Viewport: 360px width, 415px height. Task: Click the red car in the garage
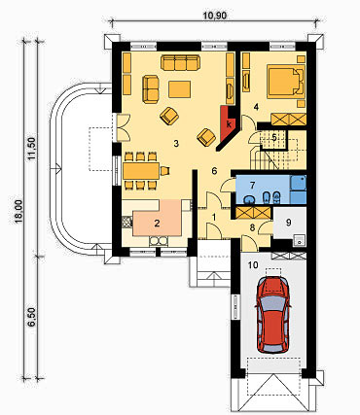click(272, 315)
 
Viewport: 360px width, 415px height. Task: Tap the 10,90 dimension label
click(214, 16)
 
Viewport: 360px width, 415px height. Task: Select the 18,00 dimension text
click(18, 211)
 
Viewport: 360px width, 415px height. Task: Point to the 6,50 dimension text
click(31, 318)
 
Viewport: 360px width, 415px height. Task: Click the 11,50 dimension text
click(32, 149)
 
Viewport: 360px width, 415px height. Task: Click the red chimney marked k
click(230, 124)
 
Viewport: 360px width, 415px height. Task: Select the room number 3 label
click(176, 144)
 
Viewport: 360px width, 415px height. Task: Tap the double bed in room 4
click(286, 82)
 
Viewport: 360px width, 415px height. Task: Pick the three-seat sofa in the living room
click(180, 63)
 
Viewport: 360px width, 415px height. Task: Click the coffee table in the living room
click(180, 89)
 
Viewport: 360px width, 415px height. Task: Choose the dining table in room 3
click(141, 171)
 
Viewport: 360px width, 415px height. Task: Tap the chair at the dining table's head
click(165, 170)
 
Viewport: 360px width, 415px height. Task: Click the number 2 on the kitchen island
click(157, 223)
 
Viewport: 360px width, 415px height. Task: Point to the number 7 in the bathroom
click(252, 185)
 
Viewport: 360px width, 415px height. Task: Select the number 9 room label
click(289, 223)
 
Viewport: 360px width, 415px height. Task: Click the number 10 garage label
click(253, 265)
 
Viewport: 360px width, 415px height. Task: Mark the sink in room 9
click(300, 240)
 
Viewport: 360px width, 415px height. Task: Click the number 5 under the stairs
click(274, 137)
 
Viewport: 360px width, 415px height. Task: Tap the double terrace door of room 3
click(123, 127)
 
